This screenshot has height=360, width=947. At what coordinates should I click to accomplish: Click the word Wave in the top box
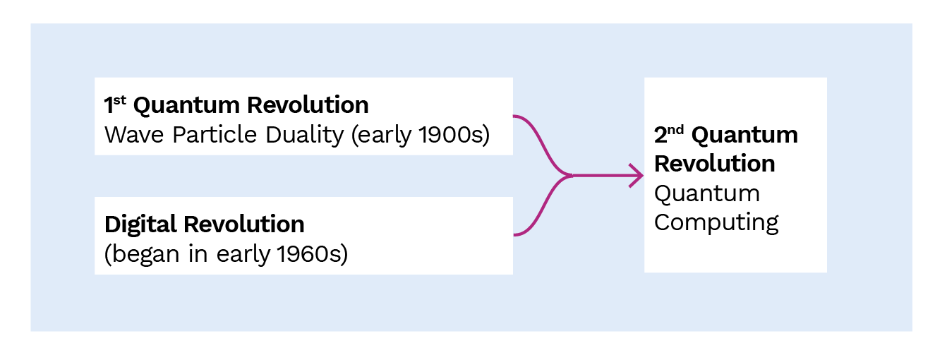click(134, 135)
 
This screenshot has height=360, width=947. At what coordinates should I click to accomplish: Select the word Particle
click(215, 135)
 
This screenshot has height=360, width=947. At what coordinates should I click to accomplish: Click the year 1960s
click(313, 254)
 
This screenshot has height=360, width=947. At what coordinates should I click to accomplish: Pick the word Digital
click(140, 224)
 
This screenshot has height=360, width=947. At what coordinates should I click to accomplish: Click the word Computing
click(716, 223)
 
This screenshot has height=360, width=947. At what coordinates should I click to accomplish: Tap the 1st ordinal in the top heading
click(115, 104)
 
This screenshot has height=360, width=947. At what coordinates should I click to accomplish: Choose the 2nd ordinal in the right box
click(668, 135)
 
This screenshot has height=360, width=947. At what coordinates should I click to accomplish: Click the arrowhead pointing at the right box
click(637, 176)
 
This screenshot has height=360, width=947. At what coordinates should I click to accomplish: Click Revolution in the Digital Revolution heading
click(244, 224)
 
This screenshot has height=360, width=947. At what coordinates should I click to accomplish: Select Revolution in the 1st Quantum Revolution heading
click(308, 105)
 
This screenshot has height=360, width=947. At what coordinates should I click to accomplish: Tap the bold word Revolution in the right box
click(714, 164)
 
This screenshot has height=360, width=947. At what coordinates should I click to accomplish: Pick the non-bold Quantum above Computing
click(707, 193)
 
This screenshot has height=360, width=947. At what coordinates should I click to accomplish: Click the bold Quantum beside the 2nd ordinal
click(744, 136)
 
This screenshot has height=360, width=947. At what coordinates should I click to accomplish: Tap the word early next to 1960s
click(243, 255)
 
